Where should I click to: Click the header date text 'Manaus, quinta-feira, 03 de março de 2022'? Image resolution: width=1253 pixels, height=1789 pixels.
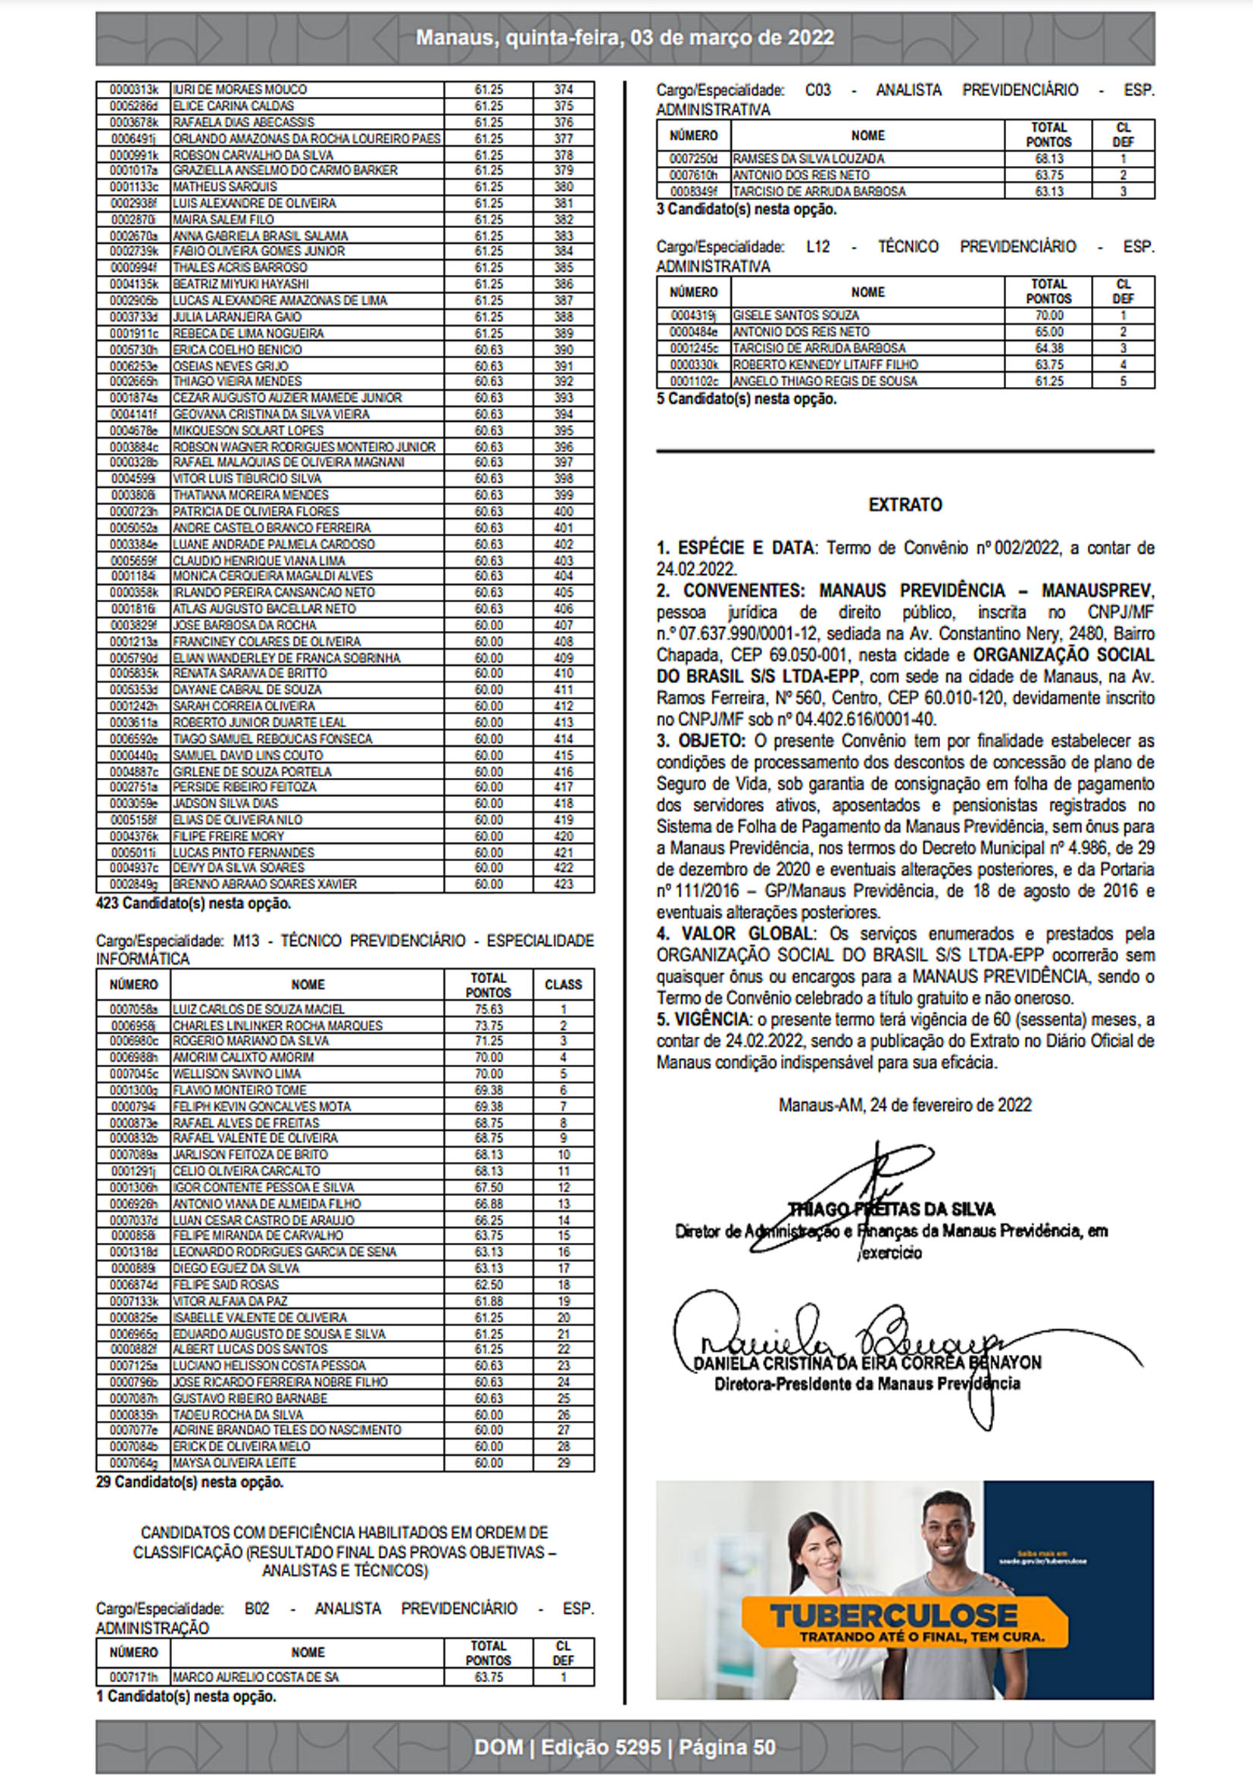625,37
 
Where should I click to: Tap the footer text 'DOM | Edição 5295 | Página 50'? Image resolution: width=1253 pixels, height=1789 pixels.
625,1747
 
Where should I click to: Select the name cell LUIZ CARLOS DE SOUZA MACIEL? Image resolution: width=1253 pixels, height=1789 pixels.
258,1009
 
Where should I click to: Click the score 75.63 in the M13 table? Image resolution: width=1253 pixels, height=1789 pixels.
489,1009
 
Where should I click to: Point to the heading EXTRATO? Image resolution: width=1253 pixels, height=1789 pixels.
905,505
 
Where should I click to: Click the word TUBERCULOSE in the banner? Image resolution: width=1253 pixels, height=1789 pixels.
894,1616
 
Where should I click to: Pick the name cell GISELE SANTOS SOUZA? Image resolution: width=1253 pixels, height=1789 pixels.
795,316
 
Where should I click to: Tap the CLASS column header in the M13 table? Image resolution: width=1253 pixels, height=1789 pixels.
563,985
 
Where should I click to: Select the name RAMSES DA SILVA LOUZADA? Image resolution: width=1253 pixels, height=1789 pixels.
808,159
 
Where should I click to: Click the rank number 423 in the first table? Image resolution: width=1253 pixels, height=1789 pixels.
563,885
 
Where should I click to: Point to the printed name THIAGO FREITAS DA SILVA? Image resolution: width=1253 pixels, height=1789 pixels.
892,1210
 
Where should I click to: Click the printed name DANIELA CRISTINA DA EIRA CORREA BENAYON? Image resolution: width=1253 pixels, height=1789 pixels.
867,1363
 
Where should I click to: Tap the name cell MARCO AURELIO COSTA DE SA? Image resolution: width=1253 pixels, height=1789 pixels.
255,1677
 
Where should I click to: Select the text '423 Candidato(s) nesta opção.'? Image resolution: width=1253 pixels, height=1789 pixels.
193,904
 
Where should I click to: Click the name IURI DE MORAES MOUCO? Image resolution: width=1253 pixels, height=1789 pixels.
239,89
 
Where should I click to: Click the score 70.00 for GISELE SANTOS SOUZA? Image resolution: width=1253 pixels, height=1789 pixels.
1049,316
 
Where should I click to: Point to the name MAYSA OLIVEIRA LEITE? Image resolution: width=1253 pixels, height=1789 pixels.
234,1463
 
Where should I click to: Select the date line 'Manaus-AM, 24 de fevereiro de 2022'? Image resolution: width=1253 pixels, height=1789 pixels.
905,1105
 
